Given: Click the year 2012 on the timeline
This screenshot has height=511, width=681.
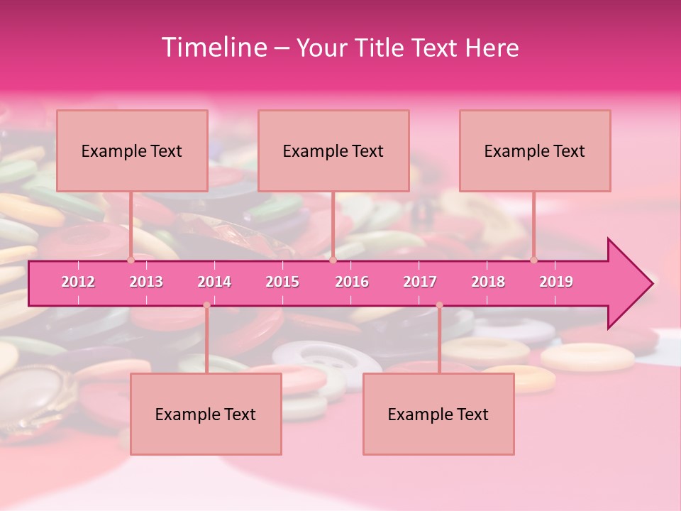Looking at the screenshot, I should pyautogui.click(x=78, y=282).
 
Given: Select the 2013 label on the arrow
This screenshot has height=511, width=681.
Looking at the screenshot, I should pyautogui.click(x=146, y=282).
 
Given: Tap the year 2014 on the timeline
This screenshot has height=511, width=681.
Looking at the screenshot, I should pyautogui.click(x=214, y=282).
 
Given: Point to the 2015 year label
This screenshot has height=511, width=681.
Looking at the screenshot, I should pyautogui.click(x=282, y=282).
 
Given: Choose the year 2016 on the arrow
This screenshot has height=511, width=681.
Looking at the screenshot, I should pyautogui.click(x=352, y=282).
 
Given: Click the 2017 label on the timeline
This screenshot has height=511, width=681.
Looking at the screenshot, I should pyautogui.click(x=420, y=282).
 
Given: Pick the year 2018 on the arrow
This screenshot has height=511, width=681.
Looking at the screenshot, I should pyautogui.click(x=488, y=282).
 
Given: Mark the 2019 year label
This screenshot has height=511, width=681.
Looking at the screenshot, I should pyautogui.click(x=556, y=282).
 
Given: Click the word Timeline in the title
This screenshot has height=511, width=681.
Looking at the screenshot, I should pyautogui.click(x=214, y=48).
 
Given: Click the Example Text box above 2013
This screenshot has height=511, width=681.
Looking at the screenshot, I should pyautogui.click(x=132, y=150).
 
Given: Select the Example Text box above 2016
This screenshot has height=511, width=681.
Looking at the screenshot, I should pyautogui.click(x=333, y=150).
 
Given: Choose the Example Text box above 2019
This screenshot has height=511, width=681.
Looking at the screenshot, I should pyautogui.click(x=535, y=150).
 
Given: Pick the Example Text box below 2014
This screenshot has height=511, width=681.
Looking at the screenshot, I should pyautogui.click(x=206, y=414).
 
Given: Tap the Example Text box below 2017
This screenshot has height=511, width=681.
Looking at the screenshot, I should pyautogui.click(x=438, y=414).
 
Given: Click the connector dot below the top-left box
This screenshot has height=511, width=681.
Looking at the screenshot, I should pyautogui.click(x=131, y=260).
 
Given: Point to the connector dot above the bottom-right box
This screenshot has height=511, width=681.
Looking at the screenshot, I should pyautogui.click(x=439, y=305).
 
